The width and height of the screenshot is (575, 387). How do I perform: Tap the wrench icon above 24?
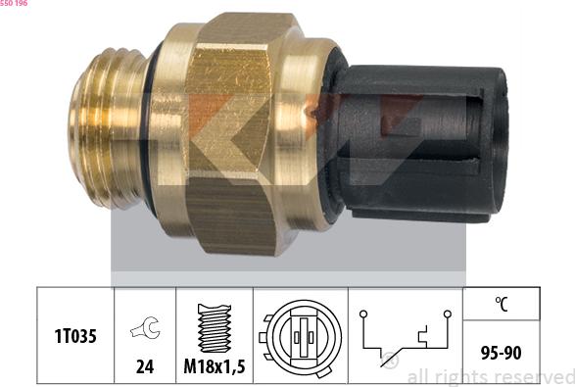pyautogui.click(x=145, y=330)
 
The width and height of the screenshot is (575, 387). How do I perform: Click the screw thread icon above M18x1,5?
pyautogui.click(x=214, y=327)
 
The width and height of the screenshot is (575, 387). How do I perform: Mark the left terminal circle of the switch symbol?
pyautogui.click(x=362, y=314)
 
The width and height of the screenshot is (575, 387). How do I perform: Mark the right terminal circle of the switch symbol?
pyautogui.click(x=448, y=314)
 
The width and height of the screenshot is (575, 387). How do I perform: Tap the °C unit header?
pyautogui.click(x=500, y=304)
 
